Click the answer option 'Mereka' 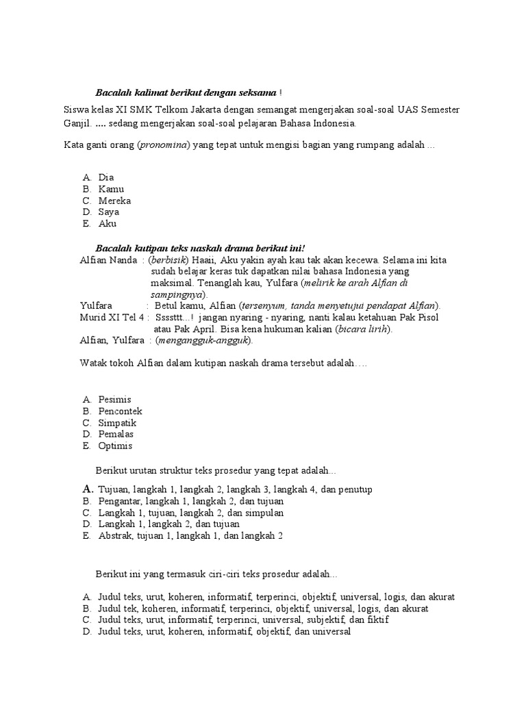point(114,201)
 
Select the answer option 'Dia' point(106,177)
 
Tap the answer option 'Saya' point(109,212)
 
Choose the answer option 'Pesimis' point(114,399)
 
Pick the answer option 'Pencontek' point(120,411)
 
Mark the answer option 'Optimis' point(115,446)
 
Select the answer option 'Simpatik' point(117,422)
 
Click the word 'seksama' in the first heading point(257,92)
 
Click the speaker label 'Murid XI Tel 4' point(112,318)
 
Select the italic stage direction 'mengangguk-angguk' point(203,340)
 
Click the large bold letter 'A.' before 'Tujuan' point(87,489)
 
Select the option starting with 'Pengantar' point(190,501)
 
